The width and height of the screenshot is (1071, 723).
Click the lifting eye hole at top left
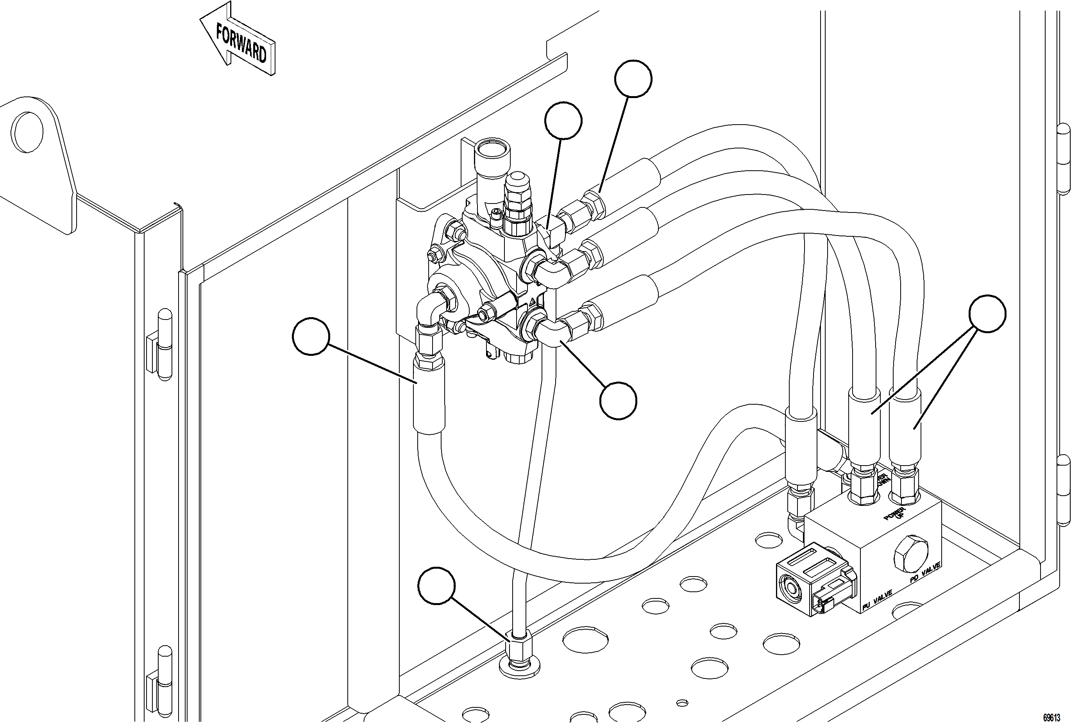tap(29, 132)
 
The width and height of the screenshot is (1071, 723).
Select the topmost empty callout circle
tap(633, 79)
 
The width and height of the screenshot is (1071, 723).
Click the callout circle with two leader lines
tap(987, 314)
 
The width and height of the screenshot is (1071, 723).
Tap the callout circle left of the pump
tap(311, 336)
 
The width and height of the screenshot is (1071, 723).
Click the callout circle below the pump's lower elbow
tap(618, 400)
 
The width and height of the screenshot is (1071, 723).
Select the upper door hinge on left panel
tap(159, 343)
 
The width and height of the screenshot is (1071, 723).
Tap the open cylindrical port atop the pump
tap(492, 152)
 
